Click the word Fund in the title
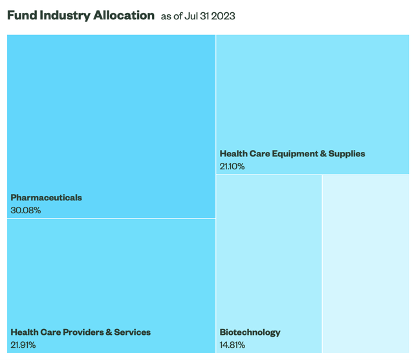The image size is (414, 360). tap(22, 16)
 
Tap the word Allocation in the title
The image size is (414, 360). tap(124, 16)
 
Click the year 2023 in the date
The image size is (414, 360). tap(224, 16)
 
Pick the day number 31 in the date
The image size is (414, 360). tap(206, 16)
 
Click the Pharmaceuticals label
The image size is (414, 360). tap(46, 197)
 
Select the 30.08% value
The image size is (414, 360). tap(25, 210)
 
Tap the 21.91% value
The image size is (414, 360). tap(23, 344)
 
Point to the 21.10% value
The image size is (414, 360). tap(232, 166)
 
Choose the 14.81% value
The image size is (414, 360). tap(232, 344)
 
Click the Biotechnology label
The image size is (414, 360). tap(250, 332)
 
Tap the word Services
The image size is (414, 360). tap(133, 332)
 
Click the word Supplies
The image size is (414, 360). tap(347, 154)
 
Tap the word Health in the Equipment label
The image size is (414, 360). tap(234, 154)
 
